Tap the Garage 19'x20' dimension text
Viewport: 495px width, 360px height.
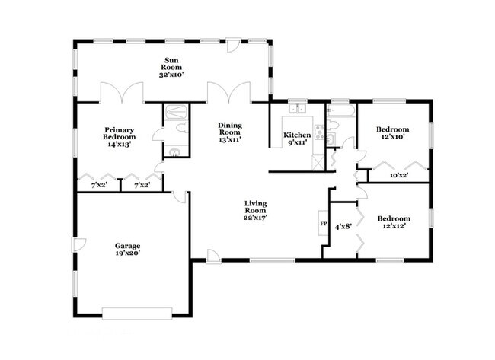click(x=127, y=253)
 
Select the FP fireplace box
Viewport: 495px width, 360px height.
click(x=323, y=223)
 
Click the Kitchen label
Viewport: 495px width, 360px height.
click(x=297, y=135)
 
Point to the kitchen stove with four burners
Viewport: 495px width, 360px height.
click(x=320, y=132)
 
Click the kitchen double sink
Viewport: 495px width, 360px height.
click(x=298, y=108)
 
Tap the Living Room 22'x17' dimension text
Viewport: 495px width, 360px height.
click(x=256, y=218)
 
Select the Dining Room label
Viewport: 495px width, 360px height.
click(x=230, y=129)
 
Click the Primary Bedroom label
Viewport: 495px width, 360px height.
click(x=120, y=133)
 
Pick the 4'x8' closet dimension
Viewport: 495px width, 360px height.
click(x=343, y=226)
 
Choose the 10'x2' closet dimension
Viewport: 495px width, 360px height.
click(x=399, y=175)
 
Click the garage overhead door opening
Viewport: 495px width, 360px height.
click(x=137, y=314)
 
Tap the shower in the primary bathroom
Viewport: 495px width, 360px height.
click(x=176, y=112)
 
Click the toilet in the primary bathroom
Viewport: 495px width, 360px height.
click(x=181, y=128)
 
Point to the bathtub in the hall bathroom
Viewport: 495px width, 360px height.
click(x=341, y=110)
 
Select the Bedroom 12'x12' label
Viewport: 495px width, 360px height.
click(x=394, y=222)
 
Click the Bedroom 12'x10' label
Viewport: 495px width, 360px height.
click(x=392, y=133)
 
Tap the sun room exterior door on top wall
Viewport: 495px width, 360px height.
click(x=233, y=45)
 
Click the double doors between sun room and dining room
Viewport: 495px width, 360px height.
click(x=229, y=92)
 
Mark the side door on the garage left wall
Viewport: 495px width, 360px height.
click(x=79, y=244)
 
